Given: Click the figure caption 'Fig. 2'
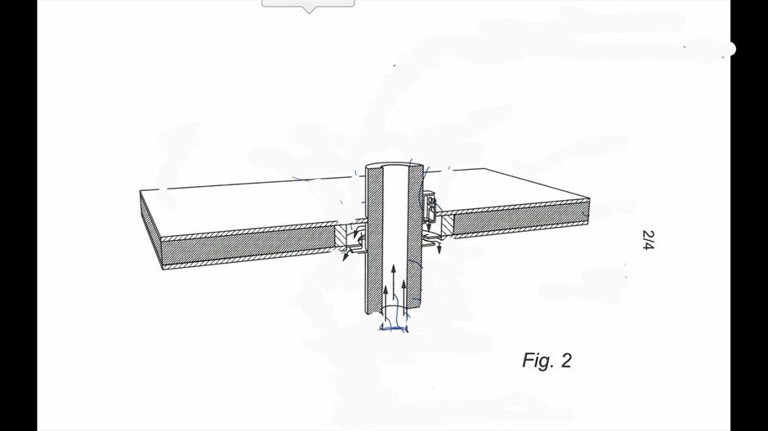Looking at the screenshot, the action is tap(547, 361).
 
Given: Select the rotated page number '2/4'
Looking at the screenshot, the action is tap(648, 240).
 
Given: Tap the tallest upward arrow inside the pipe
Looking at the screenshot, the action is tap(393, 289).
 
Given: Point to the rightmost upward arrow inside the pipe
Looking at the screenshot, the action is tap(404, 297).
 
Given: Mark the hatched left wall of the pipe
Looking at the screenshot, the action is tap(373, 240).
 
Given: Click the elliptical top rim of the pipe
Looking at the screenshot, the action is tap(395, 164).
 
